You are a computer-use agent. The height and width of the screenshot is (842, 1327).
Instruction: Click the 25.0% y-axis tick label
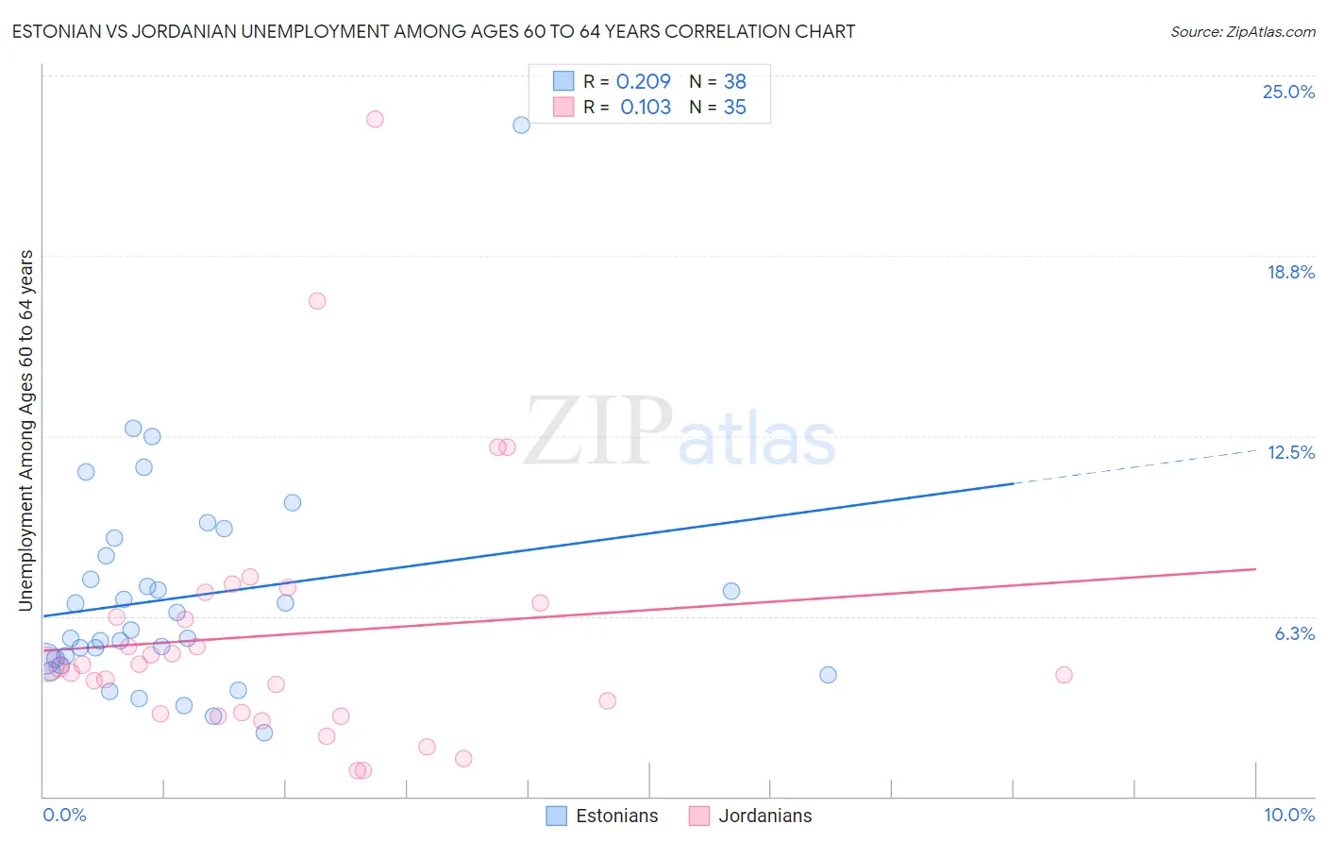1288,93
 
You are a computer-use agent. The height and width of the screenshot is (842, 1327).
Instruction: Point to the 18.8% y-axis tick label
1290,273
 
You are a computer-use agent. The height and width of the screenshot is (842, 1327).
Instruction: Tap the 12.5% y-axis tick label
1290,453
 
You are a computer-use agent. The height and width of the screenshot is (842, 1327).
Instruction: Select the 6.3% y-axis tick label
1294,634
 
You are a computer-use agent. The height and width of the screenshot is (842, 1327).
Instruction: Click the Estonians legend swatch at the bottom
557,816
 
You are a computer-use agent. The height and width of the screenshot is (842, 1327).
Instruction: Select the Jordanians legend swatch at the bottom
698,816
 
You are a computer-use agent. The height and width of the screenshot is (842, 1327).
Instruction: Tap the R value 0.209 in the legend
643,82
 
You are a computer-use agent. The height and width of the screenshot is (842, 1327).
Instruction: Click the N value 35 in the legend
734,108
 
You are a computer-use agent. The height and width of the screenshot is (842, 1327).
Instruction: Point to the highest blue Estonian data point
521,125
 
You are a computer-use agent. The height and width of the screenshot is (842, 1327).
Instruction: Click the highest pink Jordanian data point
375,119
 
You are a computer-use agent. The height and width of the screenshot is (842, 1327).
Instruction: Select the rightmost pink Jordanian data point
1064,675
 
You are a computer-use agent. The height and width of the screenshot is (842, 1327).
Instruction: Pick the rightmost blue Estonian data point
828,675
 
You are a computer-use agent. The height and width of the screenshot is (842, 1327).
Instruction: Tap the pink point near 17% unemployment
317,301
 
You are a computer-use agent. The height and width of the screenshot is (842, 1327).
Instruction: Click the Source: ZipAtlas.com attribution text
1242,32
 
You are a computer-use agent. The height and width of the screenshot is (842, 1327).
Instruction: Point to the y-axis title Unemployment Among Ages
26,429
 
